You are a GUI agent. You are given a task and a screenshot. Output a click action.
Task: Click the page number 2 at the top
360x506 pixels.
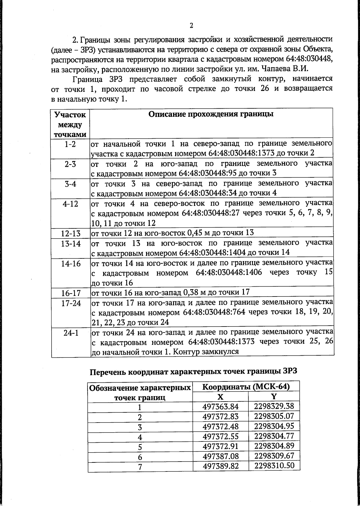(191, 26)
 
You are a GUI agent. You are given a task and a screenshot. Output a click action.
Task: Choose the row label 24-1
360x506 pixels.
(71, 333)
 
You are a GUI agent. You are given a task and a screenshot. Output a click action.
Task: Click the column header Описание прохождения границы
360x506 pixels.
(211, 114)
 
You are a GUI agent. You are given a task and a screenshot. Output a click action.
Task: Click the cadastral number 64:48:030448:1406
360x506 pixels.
(229, 273)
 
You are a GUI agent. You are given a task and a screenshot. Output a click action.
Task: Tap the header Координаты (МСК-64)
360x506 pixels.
(246, 387)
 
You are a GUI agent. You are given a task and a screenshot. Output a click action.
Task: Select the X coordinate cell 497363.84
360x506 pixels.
(220, 407)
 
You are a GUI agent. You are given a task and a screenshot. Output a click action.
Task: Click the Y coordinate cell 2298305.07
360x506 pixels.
(274, 416)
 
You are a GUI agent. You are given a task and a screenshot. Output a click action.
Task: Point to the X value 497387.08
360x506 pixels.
(220, 456)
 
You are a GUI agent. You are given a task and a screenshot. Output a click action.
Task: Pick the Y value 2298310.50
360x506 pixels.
(274, 465)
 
